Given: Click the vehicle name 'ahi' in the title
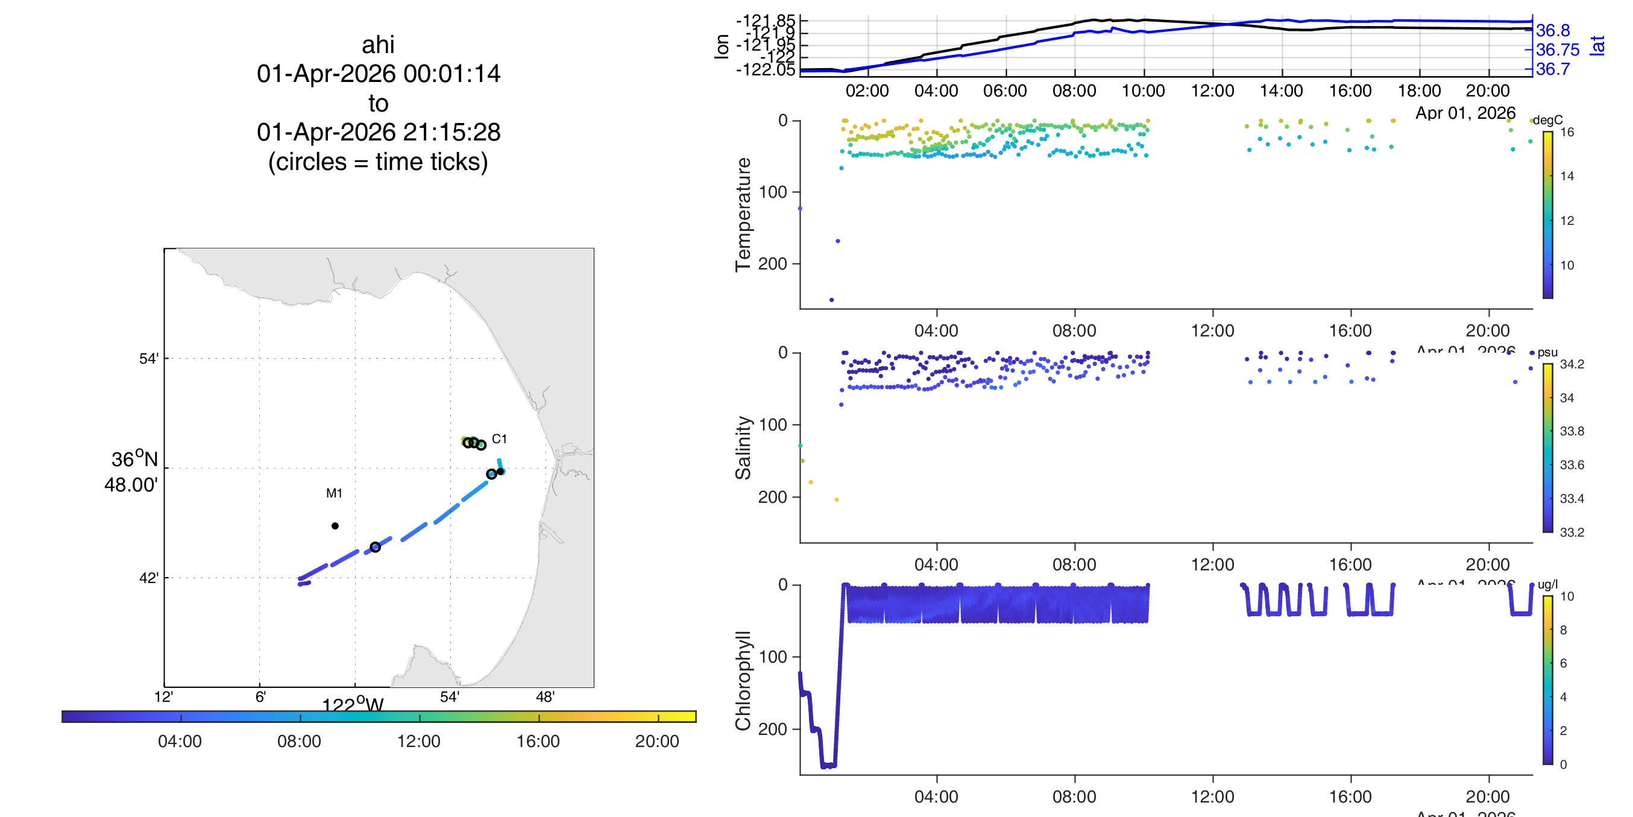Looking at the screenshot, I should coord(378,45).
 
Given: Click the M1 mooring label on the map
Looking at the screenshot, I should coord(334,493).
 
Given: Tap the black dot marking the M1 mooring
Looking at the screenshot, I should coord(335,525).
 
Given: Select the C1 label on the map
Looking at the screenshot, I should coord(499,439).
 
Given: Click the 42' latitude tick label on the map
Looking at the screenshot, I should coord(148,578).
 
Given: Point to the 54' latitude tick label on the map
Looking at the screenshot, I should coord(148,358).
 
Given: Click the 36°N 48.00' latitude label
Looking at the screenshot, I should coord(132,472).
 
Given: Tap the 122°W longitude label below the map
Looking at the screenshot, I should coord(353,704).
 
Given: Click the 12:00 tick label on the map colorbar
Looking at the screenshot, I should coord(418,741).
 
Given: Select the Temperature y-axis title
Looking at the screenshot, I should coord(743,215).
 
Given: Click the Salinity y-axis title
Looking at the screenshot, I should coord(743,448).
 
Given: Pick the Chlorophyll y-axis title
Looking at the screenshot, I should coord(743,680).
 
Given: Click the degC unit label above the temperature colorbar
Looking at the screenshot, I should coord(1547,120).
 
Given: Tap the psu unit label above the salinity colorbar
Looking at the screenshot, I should coord(1547,352).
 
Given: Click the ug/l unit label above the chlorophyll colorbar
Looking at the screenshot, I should coord(1547,584).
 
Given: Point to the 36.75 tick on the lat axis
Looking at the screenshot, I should coord(1558,49).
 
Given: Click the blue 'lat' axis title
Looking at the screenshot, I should coord(1597,46).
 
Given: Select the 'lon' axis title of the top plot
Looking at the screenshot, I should coord(722,46).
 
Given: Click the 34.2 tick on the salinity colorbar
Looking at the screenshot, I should coord(1572,364).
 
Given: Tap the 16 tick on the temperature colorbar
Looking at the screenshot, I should coord(1567,132).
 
